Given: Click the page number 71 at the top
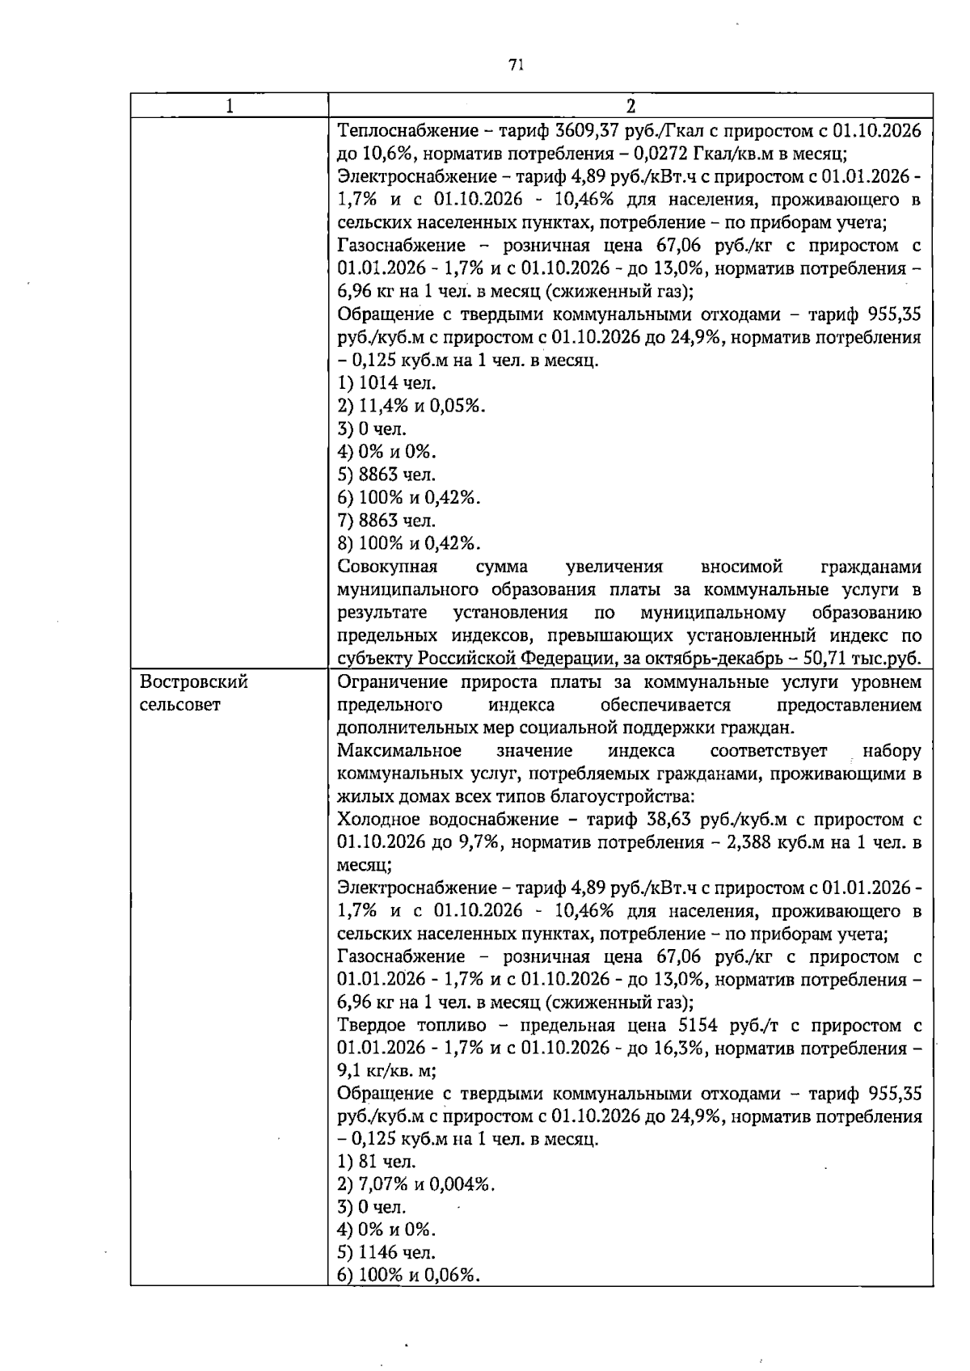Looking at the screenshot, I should tap(517, 65).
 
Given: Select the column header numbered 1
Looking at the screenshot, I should tap(230, 106).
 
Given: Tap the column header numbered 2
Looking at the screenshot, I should tap(630, 106).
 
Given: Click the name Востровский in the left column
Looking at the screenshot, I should tap(194, 682).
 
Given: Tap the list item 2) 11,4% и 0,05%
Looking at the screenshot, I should tap(411, 406).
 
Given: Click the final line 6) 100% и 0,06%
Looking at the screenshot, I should tap(409, 1276).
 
